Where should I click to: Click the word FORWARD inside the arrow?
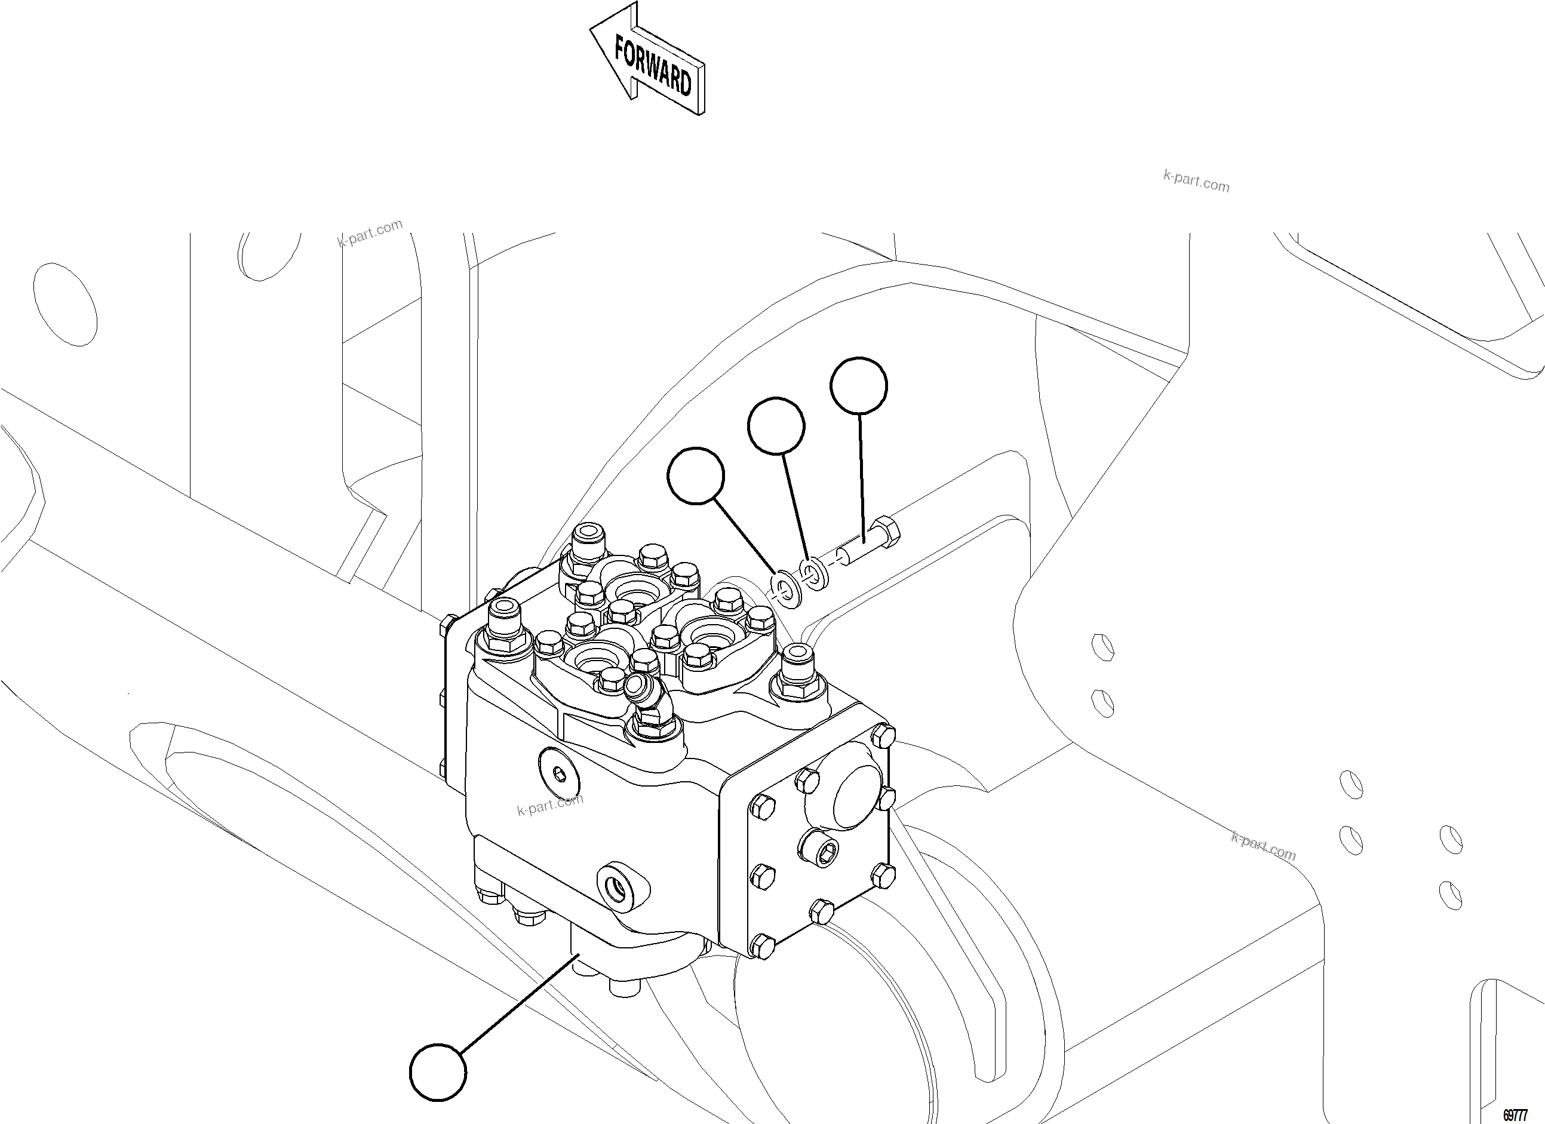pyautogui.click(x=653, y=67)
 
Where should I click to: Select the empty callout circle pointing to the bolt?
pyautogui.click(x=858, y=386)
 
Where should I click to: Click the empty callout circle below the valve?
pyautogui.click(x=438, y=1071)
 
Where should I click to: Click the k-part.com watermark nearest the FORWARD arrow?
pyautogui.click(x=1196, y=182)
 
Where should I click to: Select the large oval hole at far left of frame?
pyautogui.click(x=64, y=304)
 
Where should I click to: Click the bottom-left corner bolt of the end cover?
pyautogui.click(x=763, y=945)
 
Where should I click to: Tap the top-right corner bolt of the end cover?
pyautogui.click(x=883, y=733)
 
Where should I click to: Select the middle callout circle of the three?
pyautogui.click(x=776, y=426)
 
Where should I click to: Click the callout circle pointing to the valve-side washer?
pyautogui.click(x=696, y=475)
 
